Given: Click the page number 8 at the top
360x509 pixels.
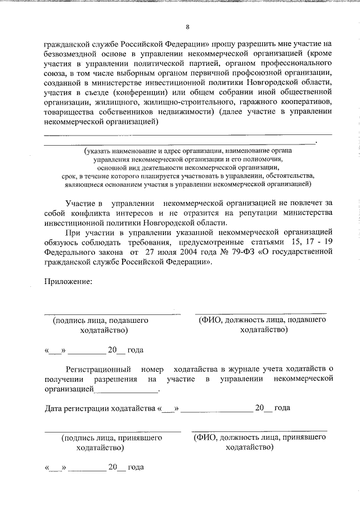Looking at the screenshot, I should tap(187, 26).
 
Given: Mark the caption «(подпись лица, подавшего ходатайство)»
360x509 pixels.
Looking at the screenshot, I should tap(101, 325).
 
